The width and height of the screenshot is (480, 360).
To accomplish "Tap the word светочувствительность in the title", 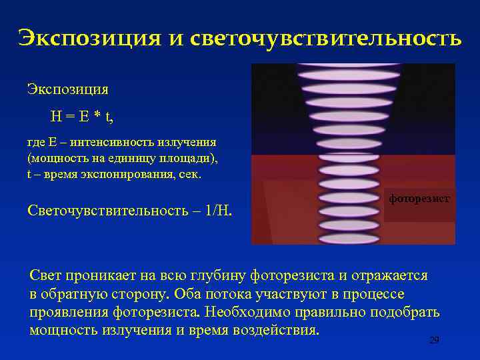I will [x=325, y=38].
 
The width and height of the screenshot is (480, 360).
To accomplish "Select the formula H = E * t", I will [x=82, y=117].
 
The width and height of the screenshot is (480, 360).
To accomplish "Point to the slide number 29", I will [x=434, y=340].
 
